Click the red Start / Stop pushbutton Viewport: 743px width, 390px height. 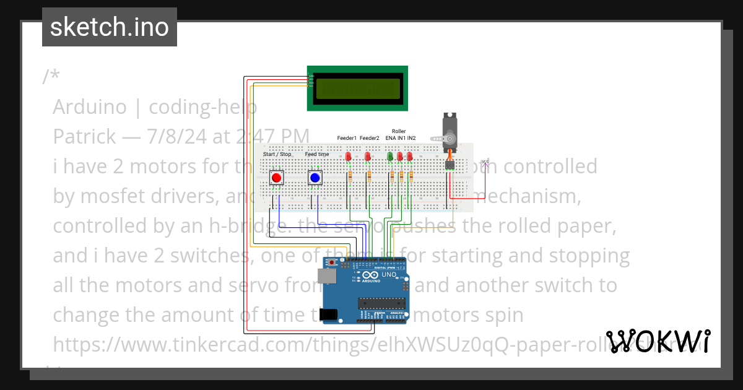click(276, 178)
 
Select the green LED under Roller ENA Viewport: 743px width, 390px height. click(390, 157)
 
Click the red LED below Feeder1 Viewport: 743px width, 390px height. click(349, 156)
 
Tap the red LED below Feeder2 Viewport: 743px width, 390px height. click(368, 156)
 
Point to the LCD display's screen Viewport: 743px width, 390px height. click(357, 89)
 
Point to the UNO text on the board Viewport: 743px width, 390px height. click(389, 274)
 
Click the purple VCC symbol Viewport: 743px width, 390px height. click(486, 163)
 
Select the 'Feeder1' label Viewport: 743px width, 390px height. click(347, 138)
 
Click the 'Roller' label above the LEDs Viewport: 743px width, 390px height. click(399, 131)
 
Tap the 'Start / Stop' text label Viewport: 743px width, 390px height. click(277, 154)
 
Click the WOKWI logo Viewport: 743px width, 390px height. click(658, 341)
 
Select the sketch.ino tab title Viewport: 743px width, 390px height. click(110, 27)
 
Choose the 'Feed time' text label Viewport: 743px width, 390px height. click(317, 154)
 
